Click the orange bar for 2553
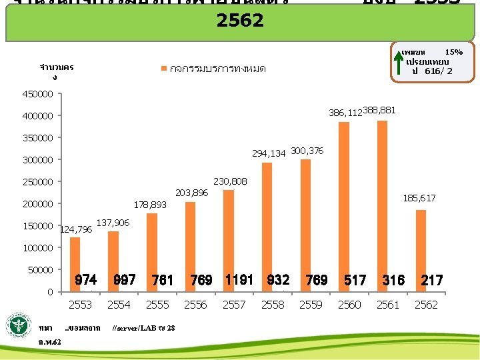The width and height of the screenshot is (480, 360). [x=75, y=264]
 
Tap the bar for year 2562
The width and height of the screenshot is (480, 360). [x=421, y=251]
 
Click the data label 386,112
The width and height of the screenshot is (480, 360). [x=345, y=113]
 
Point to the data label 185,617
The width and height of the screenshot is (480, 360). [x=419, y=198]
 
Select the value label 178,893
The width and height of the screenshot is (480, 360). [x=151, y=205]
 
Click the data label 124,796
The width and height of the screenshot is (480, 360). [x=76, y=230]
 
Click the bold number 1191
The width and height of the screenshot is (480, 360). [x=239, y=280]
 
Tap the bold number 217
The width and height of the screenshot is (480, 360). [x=431, y=281]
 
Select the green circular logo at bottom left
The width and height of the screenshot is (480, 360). [x=19, y=327]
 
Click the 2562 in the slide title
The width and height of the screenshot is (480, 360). [x=240, y=20]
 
